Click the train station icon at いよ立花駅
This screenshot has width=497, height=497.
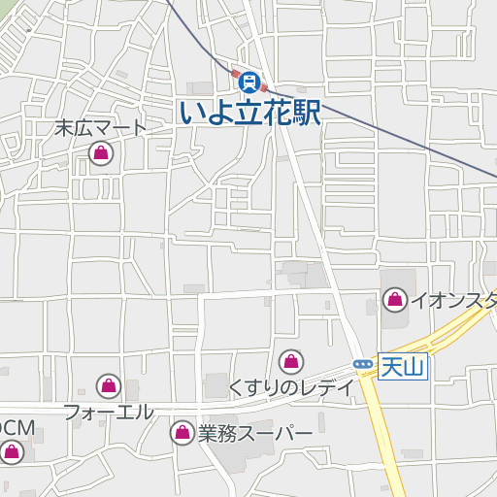click(x=250, y=81)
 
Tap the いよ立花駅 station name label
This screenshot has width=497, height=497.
click(x=250, y=111)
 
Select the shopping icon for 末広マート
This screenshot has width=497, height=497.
click(x=100, y=152)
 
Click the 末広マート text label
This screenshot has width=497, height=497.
click(x=100, y=128)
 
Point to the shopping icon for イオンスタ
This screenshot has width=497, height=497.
click(x=395, y=300)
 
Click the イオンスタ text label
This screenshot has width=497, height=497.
click(x=452, y=300)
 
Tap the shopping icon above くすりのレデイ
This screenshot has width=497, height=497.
click(x=290, y=363)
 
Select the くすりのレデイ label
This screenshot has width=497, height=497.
click(x=290, y=387)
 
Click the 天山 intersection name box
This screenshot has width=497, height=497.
click(x=403, y=367)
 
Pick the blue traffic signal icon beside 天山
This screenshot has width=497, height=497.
click(x=363, y=364)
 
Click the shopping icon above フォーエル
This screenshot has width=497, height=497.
click(x=109, y=386)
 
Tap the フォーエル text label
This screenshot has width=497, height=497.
click(x=109, y=411)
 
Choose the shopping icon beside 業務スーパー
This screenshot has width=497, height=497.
click(x=182, y=433)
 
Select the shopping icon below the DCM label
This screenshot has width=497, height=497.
click(x=12, y=450)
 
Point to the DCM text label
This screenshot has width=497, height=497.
click(x=17, y=427)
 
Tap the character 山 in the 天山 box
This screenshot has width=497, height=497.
click(x=414, y=367)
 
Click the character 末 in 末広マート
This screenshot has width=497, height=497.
click(x=64, y=128)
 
